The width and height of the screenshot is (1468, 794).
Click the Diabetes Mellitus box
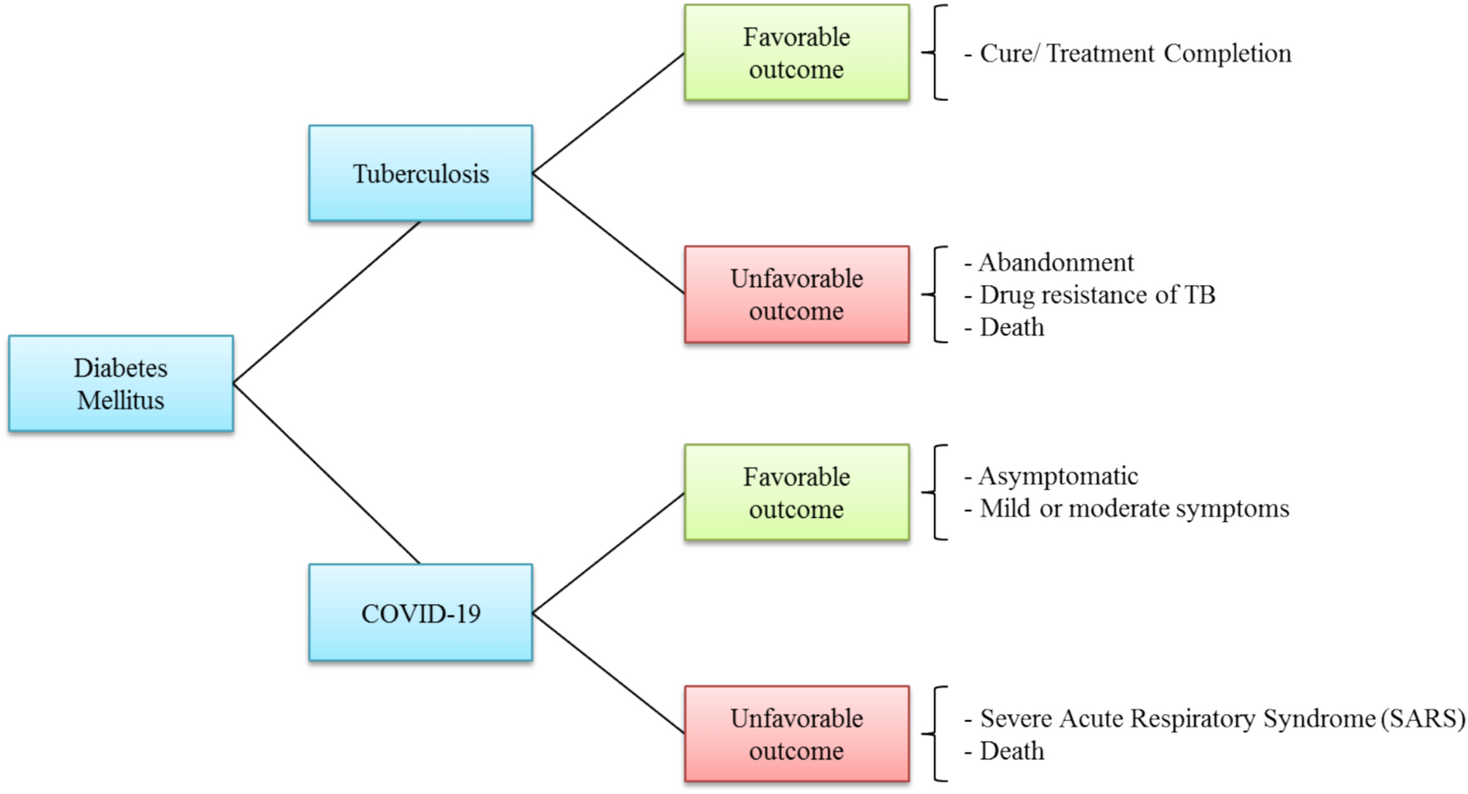coord(121,383)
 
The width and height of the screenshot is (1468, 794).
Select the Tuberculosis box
coord(420,173)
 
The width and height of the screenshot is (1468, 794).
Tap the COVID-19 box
coord(420,612)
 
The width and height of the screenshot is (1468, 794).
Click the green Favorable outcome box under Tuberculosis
coord(796,53)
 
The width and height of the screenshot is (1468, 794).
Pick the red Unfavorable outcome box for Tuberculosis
coord(796,294)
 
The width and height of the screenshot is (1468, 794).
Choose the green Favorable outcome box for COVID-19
coord(796,492)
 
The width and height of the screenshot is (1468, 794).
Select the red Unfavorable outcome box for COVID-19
coord(796,734)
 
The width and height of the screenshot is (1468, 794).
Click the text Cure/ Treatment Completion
coord(1135,53)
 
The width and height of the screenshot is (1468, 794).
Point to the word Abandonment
coord(1056,262)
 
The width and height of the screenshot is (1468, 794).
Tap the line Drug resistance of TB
coord(1096,294)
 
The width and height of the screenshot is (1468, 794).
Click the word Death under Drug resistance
coord(1012,327)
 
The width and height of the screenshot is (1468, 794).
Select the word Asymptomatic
coord(1058,476)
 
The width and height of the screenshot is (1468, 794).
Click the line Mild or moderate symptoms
coord(1134,509)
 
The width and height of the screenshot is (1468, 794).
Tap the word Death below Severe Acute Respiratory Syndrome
coord(1012,751)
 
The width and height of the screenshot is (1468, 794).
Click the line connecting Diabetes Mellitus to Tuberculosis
coord(327,302)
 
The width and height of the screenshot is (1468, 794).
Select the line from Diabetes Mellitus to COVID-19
coord(327,473)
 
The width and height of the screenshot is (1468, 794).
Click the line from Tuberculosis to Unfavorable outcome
coord(609,233)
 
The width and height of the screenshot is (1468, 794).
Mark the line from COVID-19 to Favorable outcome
coord(609,553)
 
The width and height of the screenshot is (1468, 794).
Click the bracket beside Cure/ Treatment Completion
coord(936,53)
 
